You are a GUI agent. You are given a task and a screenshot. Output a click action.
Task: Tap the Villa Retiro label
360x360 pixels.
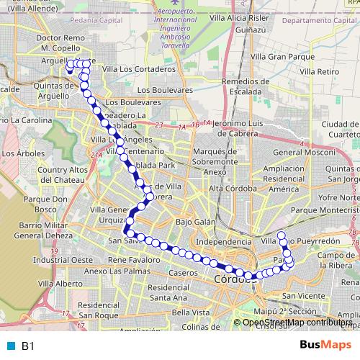click(319, 72)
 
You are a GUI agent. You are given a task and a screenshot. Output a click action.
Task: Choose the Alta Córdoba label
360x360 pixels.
click(233, 188)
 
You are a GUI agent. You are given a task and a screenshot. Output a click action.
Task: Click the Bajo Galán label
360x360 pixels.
click(195, 222)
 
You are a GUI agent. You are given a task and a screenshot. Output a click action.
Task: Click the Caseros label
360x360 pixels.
click(183, 274)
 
